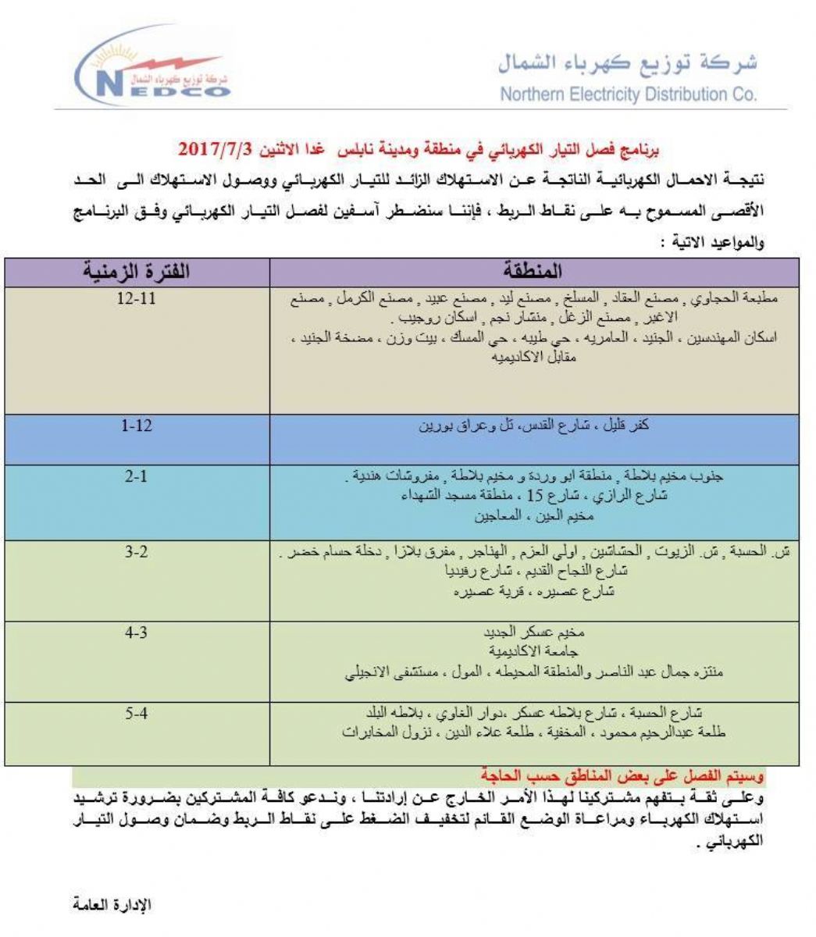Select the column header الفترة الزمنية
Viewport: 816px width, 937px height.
pos(137,273)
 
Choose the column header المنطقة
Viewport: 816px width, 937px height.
pos(534,273)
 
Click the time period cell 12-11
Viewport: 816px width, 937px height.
pos(137,300)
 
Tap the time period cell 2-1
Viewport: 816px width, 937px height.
pos(137,476)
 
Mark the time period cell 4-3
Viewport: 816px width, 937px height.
pos(137,633)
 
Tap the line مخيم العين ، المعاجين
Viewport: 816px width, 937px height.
pos(534,516)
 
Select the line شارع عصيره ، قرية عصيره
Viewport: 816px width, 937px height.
pos(534,592)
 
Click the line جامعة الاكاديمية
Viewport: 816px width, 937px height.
pos(534,650)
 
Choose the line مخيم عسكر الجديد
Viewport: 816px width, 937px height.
pos(534,633)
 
